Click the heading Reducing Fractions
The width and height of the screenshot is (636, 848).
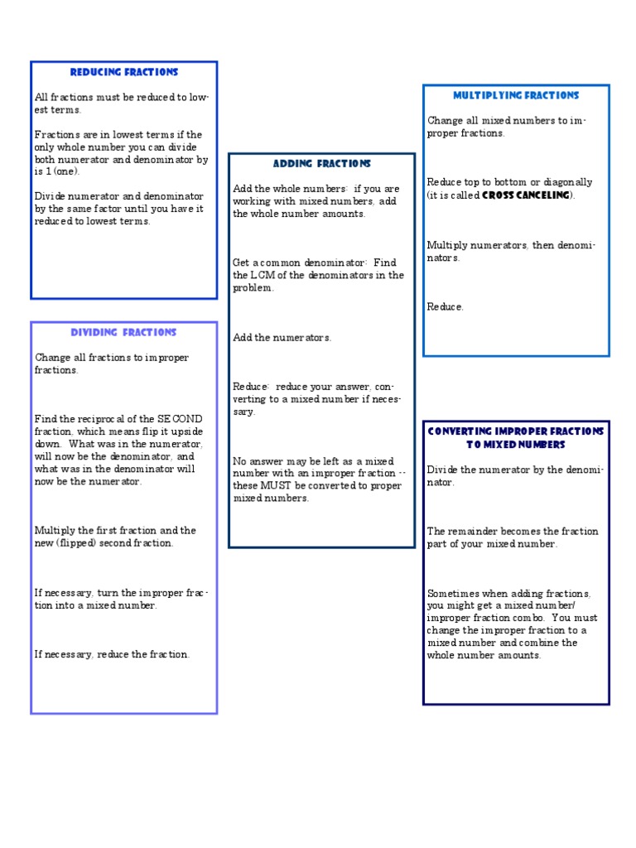124,73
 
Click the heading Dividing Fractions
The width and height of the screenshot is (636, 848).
123,333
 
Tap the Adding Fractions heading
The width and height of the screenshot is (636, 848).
321,164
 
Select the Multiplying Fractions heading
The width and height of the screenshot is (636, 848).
516,96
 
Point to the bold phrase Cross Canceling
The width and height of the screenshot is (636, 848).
526,195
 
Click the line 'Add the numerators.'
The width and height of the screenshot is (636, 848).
282,338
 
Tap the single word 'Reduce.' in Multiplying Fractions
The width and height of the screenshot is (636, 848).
446,307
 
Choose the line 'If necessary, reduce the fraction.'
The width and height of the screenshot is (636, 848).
113,654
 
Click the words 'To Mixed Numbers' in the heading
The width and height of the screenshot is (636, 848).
516,445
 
